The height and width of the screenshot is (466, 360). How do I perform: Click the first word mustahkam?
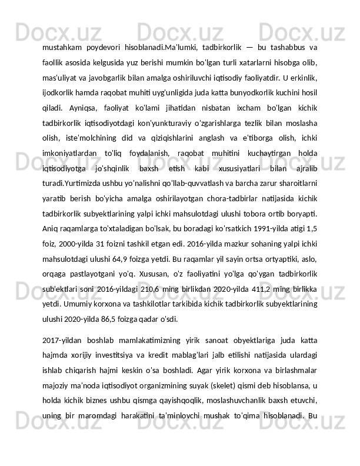tap(60, 48)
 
